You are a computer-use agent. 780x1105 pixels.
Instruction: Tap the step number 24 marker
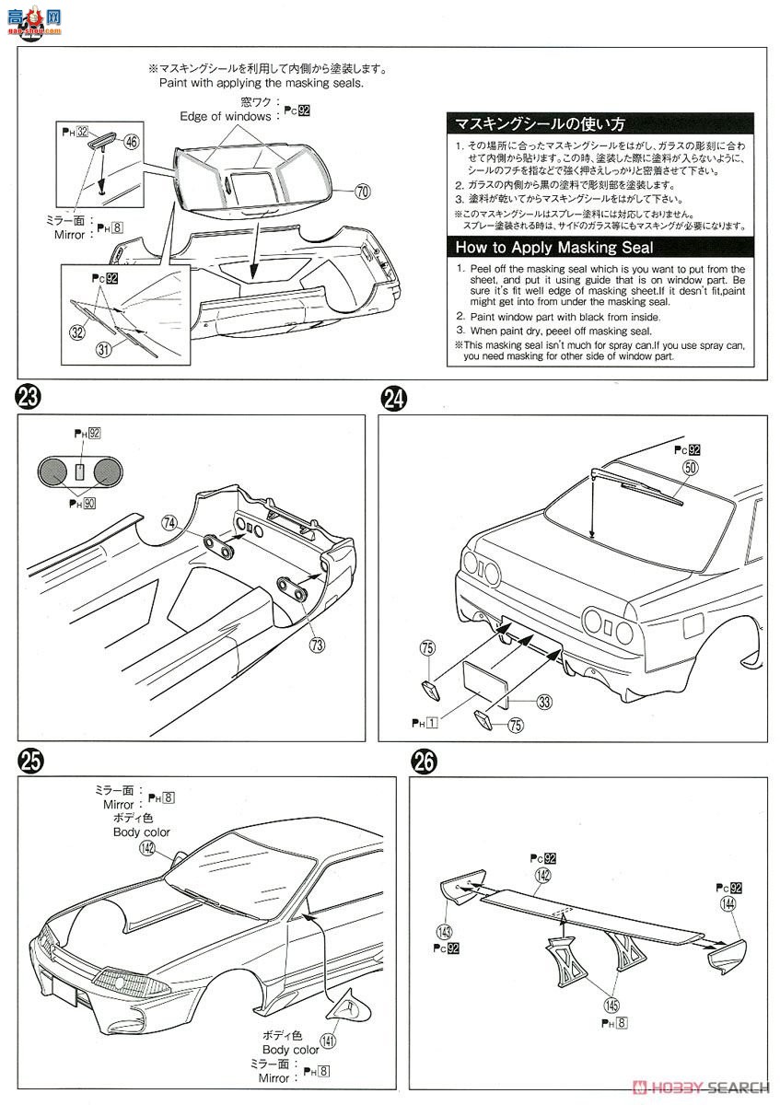click(x=393, y=398)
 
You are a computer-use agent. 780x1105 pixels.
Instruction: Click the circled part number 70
click(x=362, y=192)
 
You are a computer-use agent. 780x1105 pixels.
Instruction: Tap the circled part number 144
click(x=730, y=905)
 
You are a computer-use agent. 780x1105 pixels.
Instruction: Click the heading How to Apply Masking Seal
click(x=553, y=247)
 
